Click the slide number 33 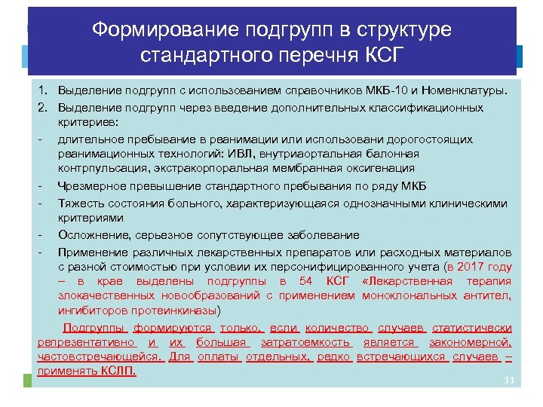pos(508,381)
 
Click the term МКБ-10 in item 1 pos(378,91)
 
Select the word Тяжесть pos(79,203)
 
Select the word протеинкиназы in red pos(175,310)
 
